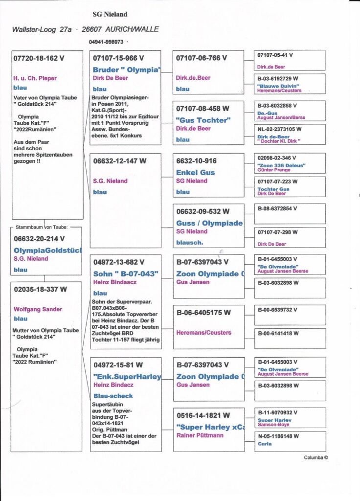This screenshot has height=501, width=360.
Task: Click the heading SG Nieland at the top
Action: (x=110, y=15)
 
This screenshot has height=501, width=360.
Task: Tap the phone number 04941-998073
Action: (x=106, y=42)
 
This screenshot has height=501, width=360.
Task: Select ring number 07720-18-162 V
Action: (x=39, y=58)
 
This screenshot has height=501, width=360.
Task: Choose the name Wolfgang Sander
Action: (x=38, y=309)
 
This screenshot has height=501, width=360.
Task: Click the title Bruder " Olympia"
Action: (x=127, y=70)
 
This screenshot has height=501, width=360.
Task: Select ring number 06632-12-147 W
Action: (x=119, y=160)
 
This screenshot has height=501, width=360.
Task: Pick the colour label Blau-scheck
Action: (x=112, y=396)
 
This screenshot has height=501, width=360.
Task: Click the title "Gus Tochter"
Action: (x=203, y=120)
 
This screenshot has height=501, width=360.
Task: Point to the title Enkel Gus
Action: (x=195, y=173)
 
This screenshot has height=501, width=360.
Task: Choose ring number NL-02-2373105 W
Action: (x=279, y=129)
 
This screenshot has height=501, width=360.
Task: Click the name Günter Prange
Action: (x=275, y=171)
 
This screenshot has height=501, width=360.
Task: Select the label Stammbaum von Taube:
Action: (x=42, y=227)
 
